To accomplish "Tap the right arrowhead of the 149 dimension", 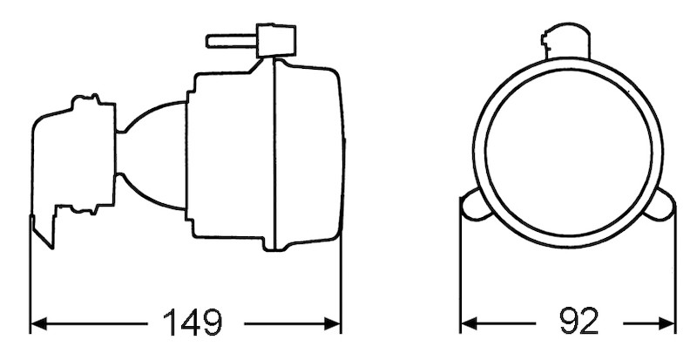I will (333, 324).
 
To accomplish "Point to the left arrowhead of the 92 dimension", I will (467, 324).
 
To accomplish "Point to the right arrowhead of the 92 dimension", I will (668, 324).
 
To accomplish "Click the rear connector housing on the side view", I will (74, 157).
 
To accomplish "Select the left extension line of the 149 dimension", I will (30, 279).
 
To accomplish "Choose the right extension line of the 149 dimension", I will (340, 279).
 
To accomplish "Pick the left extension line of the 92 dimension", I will (460, 279).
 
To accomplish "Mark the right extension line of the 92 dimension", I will (675, 279).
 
